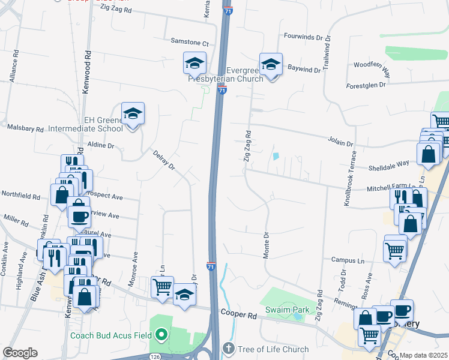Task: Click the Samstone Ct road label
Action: (x=189, y=44)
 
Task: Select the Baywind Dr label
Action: (x=304, y=69)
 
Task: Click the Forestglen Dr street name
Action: (x=366, y=86)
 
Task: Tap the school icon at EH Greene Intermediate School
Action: (x=133, y=113)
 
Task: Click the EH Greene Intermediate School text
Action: (x=103, y=124)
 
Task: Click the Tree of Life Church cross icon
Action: (x=228, y=349)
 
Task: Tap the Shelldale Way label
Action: (x=393, y=163)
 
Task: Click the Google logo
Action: (x=20, y=353)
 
